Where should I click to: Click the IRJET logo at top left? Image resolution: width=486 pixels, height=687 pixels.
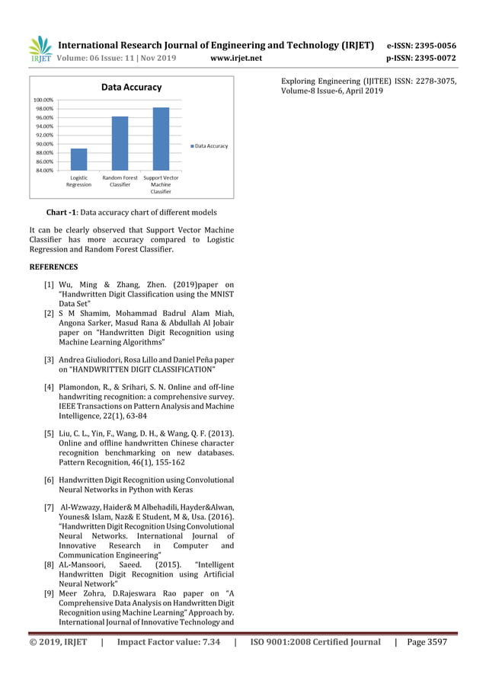tap(40, 50)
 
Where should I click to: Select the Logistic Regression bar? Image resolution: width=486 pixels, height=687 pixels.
tap(78, 159)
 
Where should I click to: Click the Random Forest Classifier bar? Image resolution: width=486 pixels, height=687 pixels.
tap(120, 143)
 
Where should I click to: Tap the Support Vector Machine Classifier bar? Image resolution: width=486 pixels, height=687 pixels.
tap(161, 139)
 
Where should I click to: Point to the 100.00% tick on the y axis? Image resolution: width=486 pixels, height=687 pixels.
tap(43, 100)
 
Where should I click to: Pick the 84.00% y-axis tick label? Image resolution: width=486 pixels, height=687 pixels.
tap(43, 171)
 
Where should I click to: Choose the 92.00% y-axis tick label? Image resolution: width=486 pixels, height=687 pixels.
tap(43, 135)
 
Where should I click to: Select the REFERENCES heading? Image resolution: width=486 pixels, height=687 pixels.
tap(53, 267)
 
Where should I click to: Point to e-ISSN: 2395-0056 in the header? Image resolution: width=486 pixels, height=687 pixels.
tap(421, 45)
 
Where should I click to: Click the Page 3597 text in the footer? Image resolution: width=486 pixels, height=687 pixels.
tap(427, 642)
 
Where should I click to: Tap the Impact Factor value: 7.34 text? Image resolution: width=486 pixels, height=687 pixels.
tap(168, 642)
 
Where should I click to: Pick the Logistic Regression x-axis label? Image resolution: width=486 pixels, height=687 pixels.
tap(78, 181)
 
